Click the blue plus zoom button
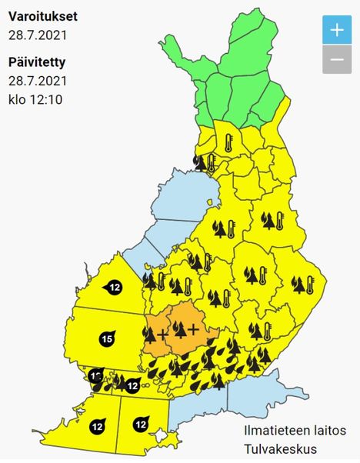(x=336, y=31)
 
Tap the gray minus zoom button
(x=336, y=59)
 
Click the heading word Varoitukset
(x=43, y=15)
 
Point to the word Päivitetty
(x=38, y=62)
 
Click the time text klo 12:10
(x=35, y=99)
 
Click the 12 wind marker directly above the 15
(x=114, y=288)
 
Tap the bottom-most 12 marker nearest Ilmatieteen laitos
(x=140, y=423)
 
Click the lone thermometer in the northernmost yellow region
(x=228, y=142)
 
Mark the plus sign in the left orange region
(x=162, y=335)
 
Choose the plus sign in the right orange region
(x=193, y=329)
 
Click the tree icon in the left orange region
(x=149, y=334)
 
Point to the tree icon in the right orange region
(x=180, y=329)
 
